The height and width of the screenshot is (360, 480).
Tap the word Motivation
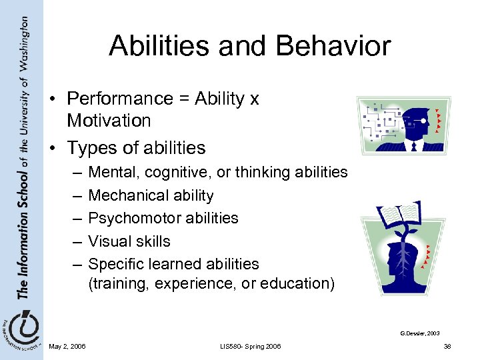tap(109, 121)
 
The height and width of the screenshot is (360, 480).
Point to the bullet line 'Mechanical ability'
tap(151, 195)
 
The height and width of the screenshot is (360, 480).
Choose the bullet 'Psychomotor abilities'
tap(163, 218)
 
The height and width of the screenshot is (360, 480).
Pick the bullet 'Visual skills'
tap(129, 241)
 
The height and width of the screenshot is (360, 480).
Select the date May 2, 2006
tap(67, 347)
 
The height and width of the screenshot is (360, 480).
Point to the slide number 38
tap(447, 347)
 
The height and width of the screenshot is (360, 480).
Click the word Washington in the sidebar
tap(23, 43)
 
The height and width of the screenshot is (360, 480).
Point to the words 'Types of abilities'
tap(136, 147)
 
